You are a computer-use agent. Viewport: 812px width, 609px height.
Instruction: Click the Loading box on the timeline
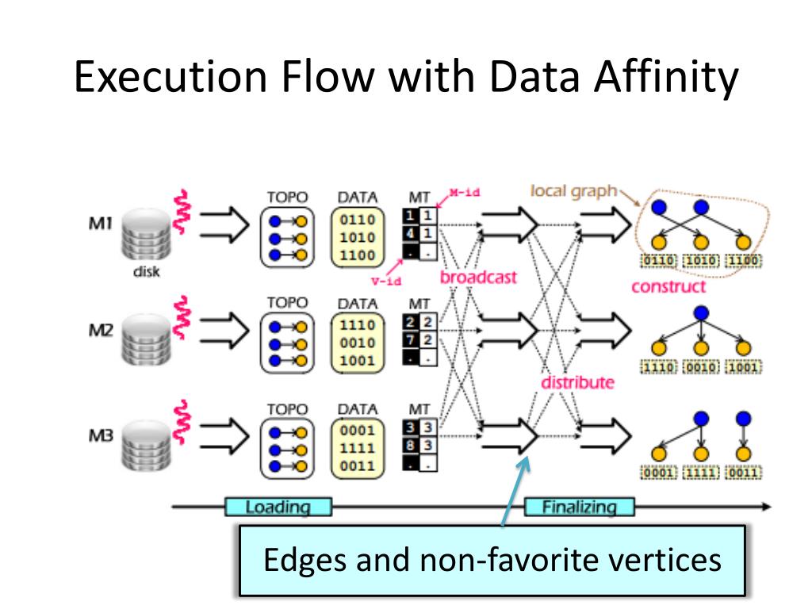click(x=278, y=507)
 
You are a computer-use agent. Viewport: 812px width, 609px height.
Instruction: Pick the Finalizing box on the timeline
click(x=579, y=507)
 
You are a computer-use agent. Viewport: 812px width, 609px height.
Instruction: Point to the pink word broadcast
click(x=478, y=278)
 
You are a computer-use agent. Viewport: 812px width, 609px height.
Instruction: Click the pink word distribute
click(x=577, y=382)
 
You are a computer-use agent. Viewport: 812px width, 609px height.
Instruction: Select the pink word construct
click(x=668, y=287)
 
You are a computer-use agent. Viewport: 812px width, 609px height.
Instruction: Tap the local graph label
click(x=573, y=191)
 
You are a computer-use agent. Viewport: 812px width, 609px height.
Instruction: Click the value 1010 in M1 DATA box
click(x=357, y=238)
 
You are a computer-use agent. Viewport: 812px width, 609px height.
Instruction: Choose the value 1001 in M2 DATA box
click(x=357, y=361)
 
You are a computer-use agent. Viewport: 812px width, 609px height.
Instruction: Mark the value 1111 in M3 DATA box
click(x=357, y=449)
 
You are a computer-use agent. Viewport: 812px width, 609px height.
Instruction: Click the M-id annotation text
click(x=465, y=192)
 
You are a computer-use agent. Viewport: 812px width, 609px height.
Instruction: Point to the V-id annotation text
click(x=385, y=281)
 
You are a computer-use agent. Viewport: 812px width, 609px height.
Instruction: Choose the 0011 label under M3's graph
click(x=743, y=473)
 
